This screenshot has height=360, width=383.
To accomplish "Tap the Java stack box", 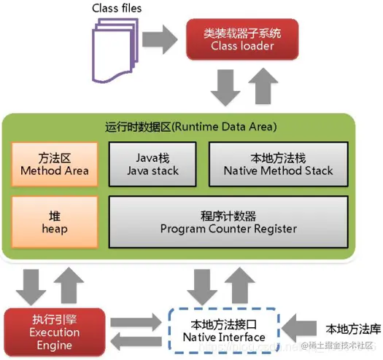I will coord(152,164).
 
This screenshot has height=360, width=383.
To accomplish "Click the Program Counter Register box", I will coord(228,222).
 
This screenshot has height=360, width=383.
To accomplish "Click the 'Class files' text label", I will coord(117,8).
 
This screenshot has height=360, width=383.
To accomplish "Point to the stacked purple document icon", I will coord(114,49).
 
